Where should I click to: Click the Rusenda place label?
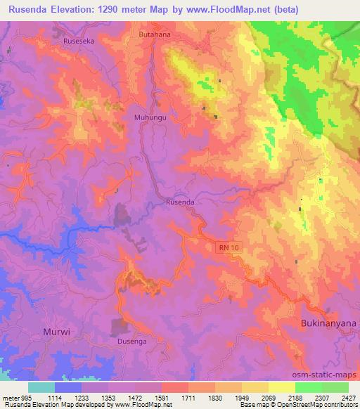click(x=179, y=202)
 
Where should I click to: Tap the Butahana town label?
click(x=155, y=33)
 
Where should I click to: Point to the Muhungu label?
click(x=150, y=118)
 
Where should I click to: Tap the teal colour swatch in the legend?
click(x=41, y=387)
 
